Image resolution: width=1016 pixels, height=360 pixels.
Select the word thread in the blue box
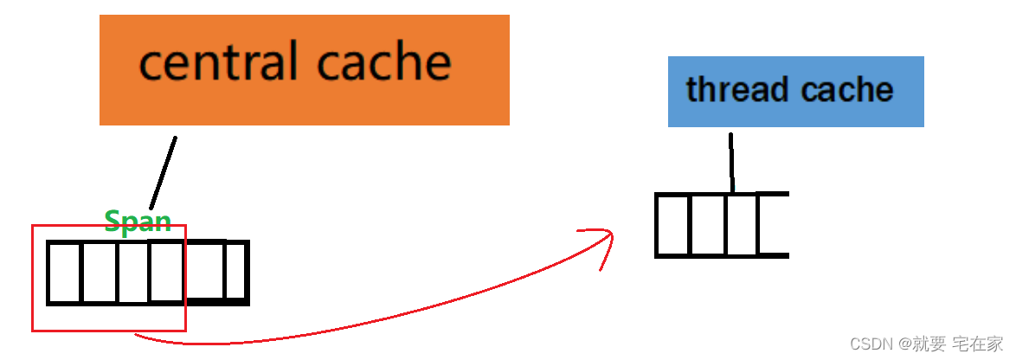[737, 89]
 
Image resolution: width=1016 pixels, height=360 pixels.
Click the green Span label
[138, 222]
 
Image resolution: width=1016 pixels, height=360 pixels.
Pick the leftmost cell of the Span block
[65, 273]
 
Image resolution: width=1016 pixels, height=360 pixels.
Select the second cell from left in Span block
[100, 273]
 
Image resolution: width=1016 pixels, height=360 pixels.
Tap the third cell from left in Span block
[133, 273]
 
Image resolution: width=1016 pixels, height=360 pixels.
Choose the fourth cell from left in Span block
[166, 273]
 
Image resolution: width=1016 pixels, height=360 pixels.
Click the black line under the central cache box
[163, 172]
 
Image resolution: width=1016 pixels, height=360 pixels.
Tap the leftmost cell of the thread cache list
[672, 225]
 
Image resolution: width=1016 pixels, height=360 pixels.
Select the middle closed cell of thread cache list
[708, 225]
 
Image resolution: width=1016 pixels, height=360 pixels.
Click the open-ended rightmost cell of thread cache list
[774, 225]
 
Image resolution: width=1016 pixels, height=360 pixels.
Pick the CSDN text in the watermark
[870, 344]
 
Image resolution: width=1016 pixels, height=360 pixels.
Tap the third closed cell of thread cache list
[742, 225]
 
